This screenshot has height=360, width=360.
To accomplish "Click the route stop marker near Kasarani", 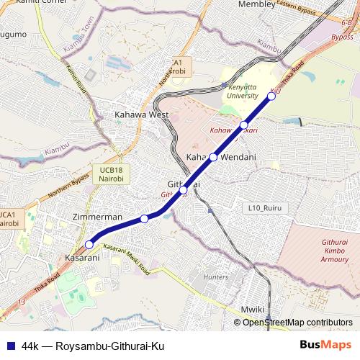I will pos(89,244).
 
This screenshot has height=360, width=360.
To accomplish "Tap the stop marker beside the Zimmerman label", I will pos(144,218).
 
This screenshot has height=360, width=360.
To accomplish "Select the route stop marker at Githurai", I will pos(184,190).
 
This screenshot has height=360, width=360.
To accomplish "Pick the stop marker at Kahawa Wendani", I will pos(213,157).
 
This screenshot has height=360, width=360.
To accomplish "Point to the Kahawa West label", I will pos(142,114).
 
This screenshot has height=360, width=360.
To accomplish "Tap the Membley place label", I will pos(256,4).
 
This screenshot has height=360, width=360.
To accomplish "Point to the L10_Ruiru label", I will pos(263,208).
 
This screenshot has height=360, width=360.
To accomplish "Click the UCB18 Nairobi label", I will pos(104,173).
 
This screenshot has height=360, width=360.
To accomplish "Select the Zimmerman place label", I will pos(97,217).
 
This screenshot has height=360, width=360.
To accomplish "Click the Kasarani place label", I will pos(81,257).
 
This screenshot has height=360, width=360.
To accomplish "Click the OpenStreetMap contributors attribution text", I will pos(297,322).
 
